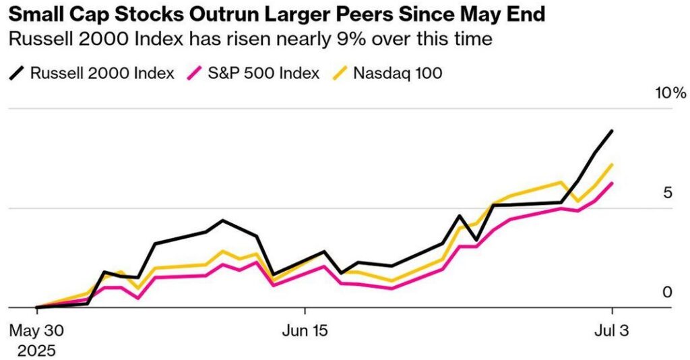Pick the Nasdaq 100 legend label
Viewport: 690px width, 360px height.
[398, 72]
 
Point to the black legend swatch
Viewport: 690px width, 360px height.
[18, 72]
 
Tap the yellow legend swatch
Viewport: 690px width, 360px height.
[342, 72]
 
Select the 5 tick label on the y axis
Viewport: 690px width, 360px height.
[667, 193]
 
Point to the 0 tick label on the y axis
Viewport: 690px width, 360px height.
[667, 292]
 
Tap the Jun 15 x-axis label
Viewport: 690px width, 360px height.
[305, 331]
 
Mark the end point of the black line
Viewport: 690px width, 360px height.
[612, 131]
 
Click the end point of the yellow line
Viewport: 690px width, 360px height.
[612, 164]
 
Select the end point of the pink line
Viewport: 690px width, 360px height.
[612, 183]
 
